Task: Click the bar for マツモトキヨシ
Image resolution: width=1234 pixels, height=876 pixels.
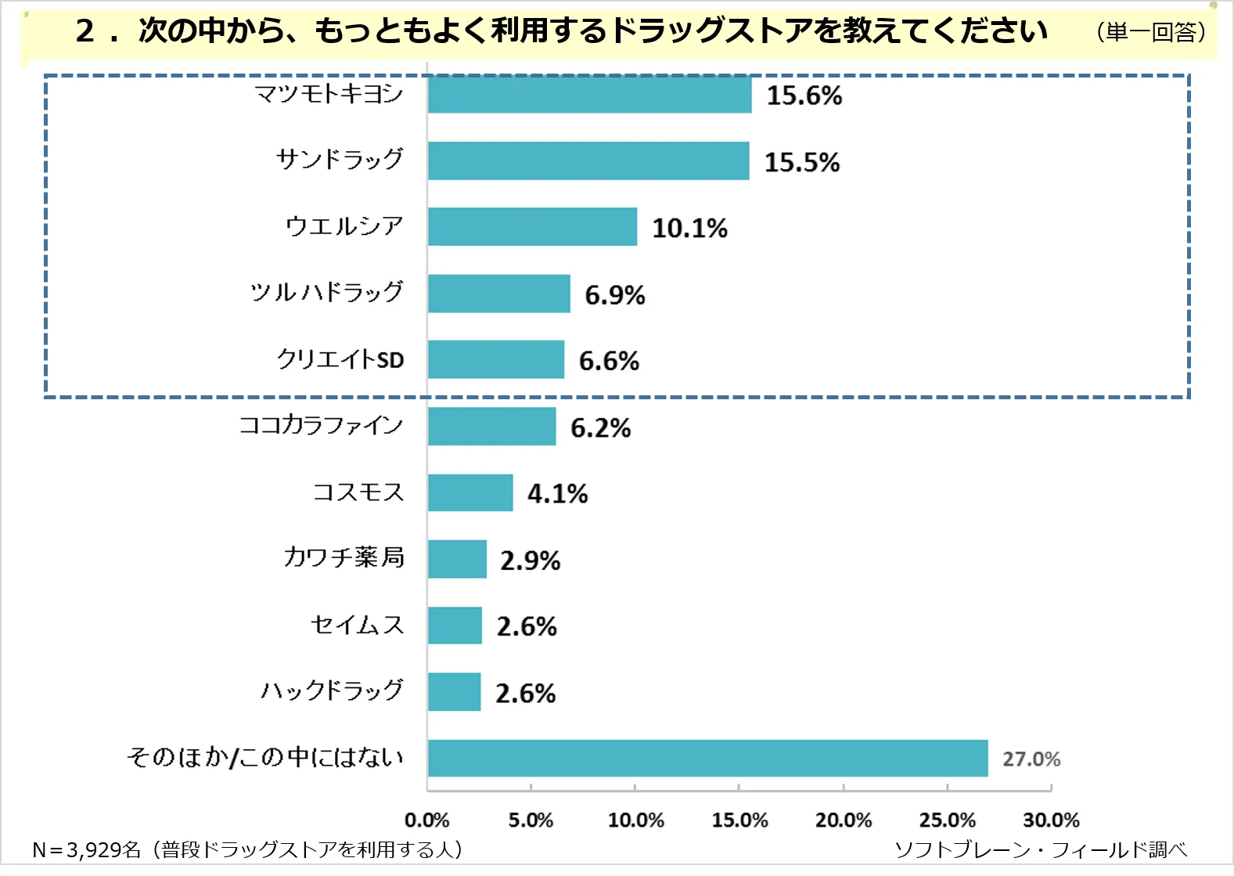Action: (x=589, y=95)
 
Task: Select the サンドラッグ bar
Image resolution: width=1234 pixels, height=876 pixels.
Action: (x=588, y=161)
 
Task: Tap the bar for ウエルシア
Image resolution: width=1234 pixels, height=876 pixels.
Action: (x=532, y=227)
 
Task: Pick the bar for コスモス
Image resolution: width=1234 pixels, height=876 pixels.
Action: (x=470, y=492)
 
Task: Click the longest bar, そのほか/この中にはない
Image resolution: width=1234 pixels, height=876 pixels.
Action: (x=707, y=758)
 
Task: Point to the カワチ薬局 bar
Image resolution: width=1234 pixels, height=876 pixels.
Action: (x=457, y=559)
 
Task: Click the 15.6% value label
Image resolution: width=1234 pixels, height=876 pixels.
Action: (x=804, y=96)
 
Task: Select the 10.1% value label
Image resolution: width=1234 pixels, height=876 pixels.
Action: (x=689, y=228)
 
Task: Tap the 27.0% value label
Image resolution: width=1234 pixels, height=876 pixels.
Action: (x=1031, y=759)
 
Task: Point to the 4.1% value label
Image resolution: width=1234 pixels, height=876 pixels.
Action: (x=557, y=493)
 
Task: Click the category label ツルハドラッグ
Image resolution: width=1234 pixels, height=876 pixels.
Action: (x=327, y=292)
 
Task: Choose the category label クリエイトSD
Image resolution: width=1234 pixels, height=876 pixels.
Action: (x=340, y=359)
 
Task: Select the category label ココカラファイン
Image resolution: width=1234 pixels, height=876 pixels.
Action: (x=321, y=425)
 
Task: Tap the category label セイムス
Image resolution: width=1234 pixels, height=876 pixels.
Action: (x=357, y=625)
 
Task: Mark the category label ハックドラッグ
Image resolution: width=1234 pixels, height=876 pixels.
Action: (x=332, y=690)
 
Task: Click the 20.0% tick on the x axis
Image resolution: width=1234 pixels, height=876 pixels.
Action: (x=844, y=820)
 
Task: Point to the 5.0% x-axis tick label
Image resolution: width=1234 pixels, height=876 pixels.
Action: (x=531, y=820)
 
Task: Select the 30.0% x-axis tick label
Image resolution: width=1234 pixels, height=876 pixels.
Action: (x=1051, y=820)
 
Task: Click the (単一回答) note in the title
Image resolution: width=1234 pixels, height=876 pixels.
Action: (x=1151, y=32)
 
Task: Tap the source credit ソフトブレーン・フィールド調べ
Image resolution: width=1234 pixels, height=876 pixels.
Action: (x=1040, y=849)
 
